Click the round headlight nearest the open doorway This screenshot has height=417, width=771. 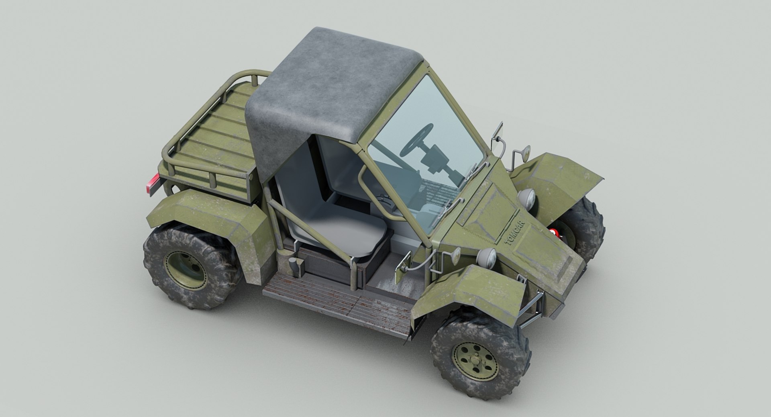coord(487,256)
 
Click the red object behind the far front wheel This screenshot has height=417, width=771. coord(554,232)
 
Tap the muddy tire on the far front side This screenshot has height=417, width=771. coord(586,225)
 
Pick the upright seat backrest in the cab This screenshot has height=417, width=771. coord(301,177)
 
